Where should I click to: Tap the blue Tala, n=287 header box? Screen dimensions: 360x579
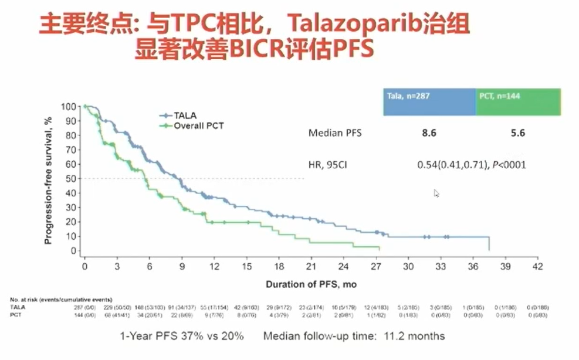click(x=429, y=101)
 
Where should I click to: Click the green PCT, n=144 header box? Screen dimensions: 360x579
click(x=518, y=101)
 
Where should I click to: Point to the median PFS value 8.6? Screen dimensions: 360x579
click(x=429, y=133)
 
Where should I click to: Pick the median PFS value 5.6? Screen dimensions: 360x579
click(x=517, y=133)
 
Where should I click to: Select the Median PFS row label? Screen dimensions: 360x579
click(x=335, y=133)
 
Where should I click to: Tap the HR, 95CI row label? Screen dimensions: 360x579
click(x=332, y=165)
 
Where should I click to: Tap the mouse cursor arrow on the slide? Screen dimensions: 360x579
click(x=436, y=193)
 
